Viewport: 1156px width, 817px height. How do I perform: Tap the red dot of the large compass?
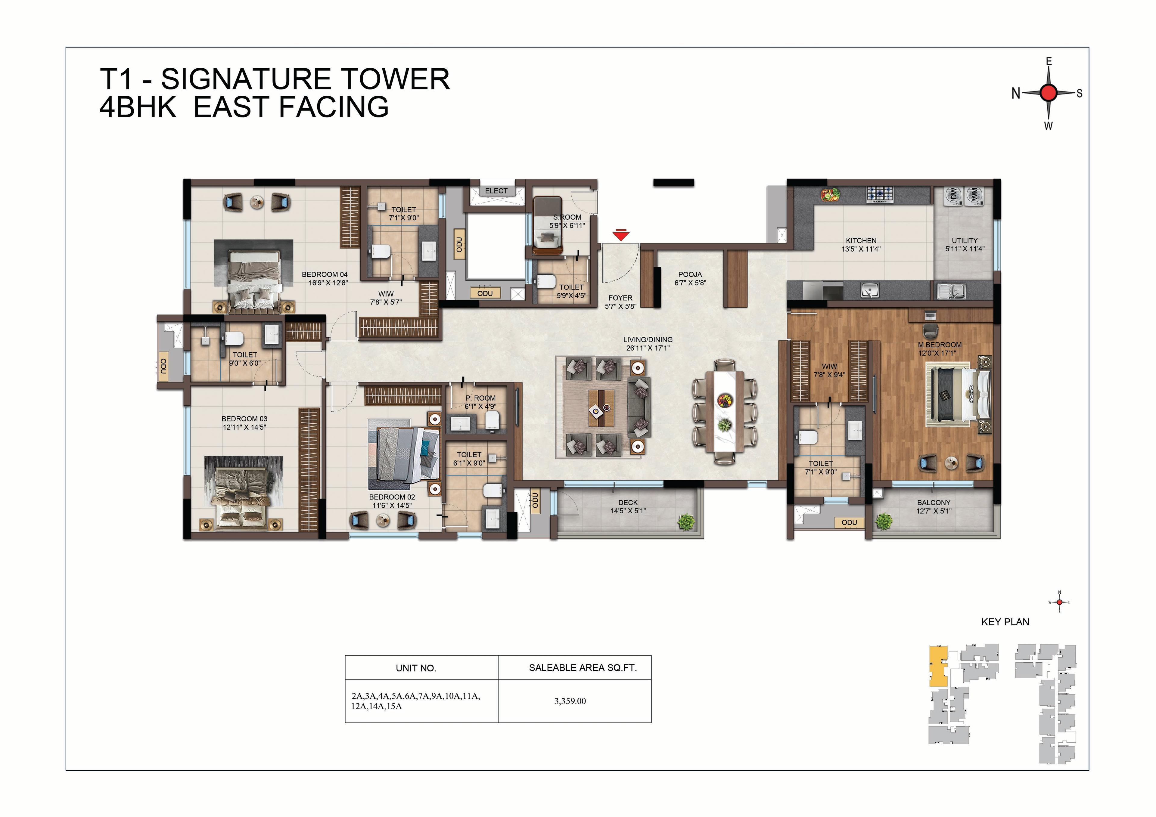tap(1049, 93)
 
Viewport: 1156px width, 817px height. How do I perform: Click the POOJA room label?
tap(690, 274)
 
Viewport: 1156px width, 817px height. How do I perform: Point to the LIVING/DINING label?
tap(648, 340)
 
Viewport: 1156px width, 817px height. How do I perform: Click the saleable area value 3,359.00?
tap(570, 701)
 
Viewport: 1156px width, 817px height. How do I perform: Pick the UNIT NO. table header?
tap(416, 668)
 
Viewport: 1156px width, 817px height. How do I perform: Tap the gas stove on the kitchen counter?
tap(880, 194)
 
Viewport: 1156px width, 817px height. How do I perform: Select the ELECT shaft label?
tap(496, 191)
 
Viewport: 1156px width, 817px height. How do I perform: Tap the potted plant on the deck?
tap(686, 522)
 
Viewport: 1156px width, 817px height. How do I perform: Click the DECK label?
tap(628, 502)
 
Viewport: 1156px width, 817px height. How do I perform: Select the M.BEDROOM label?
tap(940, 345)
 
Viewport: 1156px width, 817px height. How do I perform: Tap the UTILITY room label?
tap(965, 241)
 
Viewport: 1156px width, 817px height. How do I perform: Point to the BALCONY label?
tap(934, 502)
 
